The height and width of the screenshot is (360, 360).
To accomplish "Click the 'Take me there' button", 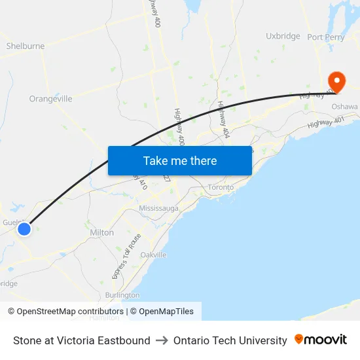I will [180, 160].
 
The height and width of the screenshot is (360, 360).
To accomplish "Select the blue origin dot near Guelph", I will [24, 228].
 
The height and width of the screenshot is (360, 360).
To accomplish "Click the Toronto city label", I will [221, 187].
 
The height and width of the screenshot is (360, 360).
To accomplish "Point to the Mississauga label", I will [158, 208].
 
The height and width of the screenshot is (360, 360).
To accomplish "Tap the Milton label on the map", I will [101, 232].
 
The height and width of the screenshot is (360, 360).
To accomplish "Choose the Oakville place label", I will [153, 255].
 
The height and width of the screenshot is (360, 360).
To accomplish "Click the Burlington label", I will [122, 295].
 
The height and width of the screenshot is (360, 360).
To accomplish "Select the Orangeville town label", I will [50, 99].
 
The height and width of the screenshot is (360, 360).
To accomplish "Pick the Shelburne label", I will [26, 46].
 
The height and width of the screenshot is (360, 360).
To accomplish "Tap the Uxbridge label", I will [283, 37].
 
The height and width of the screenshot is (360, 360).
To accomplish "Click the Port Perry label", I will [326, 37].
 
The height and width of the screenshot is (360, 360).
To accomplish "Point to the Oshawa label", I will [344, 107].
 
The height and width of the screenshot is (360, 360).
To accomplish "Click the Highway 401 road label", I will [326, 122].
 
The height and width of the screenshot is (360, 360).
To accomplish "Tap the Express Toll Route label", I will [126, 257].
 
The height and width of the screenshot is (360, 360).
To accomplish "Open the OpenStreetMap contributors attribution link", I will [69, 312].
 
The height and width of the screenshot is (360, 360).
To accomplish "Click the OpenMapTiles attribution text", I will [166, 312].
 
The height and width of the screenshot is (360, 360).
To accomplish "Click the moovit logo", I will [321, 340].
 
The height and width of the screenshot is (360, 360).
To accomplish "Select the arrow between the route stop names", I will [162, 340].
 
